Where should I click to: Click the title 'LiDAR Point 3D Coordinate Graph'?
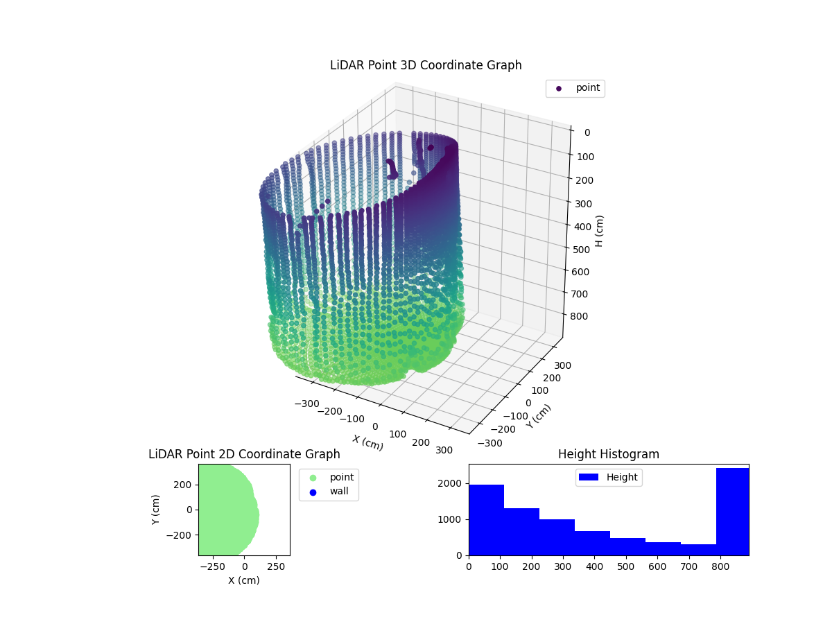pos(426,65)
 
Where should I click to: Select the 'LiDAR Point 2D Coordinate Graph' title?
pos(244,454)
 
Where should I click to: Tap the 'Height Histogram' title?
pos(608,454)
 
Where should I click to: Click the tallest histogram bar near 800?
pos(732,512)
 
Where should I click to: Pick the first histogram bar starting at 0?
pos(486,520)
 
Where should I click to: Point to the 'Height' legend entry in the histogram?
pos(609,477)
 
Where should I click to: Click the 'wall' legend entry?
pos(329,492)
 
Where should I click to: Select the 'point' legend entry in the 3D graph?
pos(575,88)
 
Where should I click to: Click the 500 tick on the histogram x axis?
pos(626,566)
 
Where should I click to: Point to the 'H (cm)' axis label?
pos(600,231)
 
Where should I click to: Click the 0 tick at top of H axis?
pos(587,133)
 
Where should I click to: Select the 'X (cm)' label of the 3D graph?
pos(367,442)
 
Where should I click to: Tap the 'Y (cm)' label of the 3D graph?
pos(539,416)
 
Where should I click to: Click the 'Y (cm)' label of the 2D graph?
pos(156,510)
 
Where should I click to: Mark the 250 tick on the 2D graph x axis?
pos(277,566)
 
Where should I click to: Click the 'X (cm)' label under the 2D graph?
pos(244,580)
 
